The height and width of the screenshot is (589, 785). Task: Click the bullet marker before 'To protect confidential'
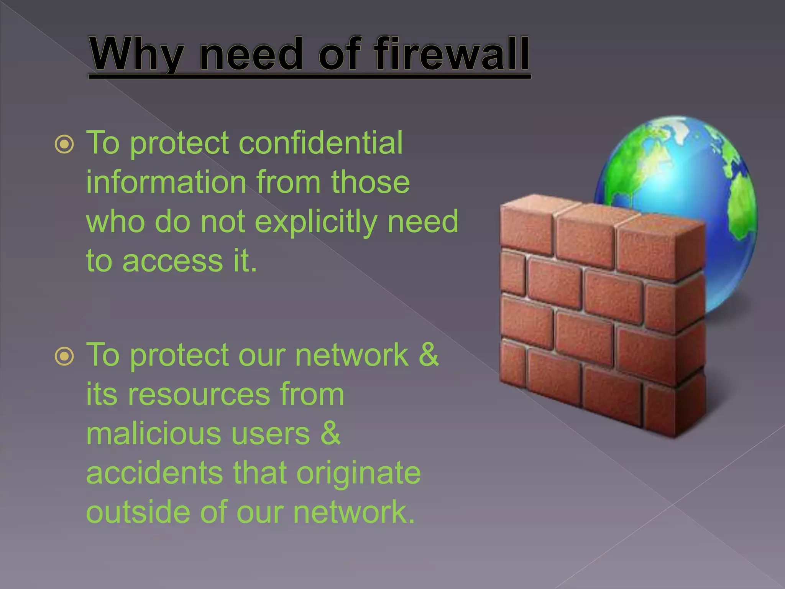coord(64,145)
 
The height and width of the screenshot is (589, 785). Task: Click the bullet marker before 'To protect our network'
coord(64,357)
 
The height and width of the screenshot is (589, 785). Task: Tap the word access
coord(172,262)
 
